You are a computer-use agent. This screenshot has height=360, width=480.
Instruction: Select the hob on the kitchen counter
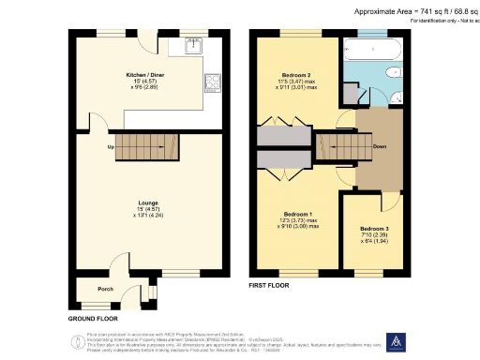tap(214, 79)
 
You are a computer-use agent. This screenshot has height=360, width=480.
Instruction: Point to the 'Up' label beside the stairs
tap(111, 148)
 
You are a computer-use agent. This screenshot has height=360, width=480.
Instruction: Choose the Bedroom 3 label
tap(375, 228)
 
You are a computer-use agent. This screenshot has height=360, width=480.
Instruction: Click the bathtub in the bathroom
tap(373, 46)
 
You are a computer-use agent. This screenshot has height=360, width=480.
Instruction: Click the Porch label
tap(105, 289)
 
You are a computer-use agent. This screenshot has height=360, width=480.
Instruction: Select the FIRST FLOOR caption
tap(270, 284)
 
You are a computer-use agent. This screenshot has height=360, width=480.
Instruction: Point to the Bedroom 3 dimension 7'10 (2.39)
tap(375, 234)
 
